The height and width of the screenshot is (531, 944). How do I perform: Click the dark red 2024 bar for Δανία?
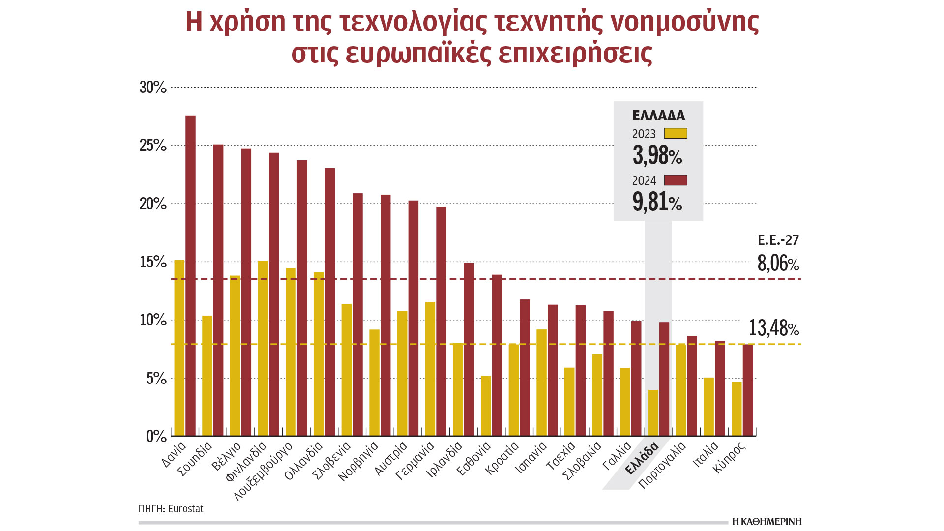pos(190,275)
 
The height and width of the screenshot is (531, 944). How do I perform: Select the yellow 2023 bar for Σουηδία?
pos(207,376)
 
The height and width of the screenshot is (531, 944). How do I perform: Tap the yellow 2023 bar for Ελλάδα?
pos(653,413)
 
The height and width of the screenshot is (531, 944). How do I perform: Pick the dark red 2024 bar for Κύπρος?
pos(748,390)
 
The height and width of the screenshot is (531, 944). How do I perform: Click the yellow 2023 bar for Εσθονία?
pos(486,406)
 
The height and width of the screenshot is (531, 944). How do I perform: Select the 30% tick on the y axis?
pos(153,88)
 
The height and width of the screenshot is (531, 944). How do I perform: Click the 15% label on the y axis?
pos(153,262)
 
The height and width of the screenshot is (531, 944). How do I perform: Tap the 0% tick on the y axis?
pos(156,436)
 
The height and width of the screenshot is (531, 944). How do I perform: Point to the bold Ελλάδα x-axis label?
pos(642,459)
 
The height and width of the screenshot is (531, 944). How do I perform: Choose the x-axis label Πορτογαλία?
pos(662,465)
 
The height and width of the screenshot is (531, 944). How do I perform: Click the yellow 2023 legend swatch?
pos(676,133)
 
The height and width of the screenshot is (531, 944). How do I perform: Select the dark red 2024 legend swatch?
pos(676,180)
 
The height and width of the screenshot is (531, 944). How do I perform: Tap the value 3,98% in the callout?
pos(657,155)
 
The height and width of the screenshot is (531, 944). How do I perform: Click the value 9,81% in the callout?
pos(657,202)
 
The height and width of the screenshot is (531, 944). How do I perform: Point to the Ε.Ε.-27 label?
pos(778,240)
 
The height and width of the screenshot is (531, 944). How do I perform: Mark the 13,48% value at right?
pos(773,328)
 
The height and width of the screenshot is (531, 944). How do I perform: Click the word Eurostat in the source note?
pos(185,509)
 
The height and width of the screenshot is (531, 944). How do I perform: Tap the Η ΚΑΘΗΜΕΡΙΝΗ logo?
pos(767,522)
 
